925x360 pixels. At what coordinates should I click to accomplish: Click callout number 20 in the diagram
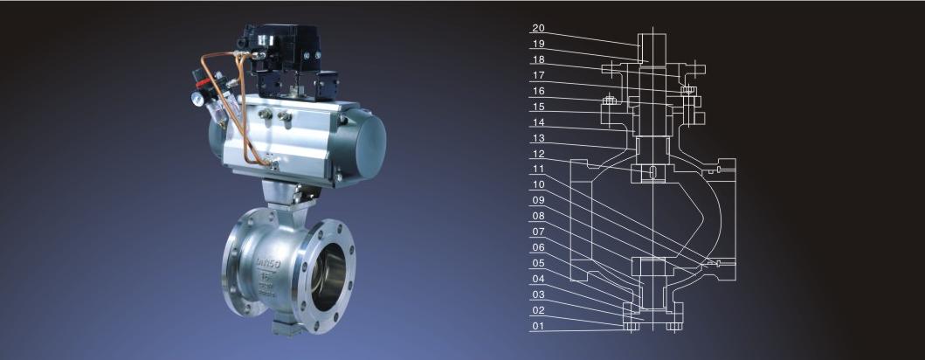538,28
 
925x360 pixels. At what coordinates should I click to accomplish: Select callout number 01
538,325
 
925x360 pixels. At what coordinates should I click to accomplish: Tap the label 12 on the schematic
538,154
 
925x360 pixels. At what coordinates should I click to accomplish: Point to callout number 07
538,232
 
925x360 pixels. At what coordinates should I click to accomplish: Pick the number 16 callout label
538,91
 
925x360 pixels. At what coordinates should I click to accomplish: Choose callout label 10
538,184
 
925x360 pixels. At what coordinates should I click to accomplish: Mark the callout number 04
538,279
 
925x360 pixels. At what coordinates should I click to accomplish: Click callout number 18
538,59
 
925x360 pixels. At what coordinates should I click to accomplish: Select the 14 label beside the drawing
538,122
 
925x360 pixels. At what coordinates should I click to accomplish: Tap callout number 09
538,200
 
